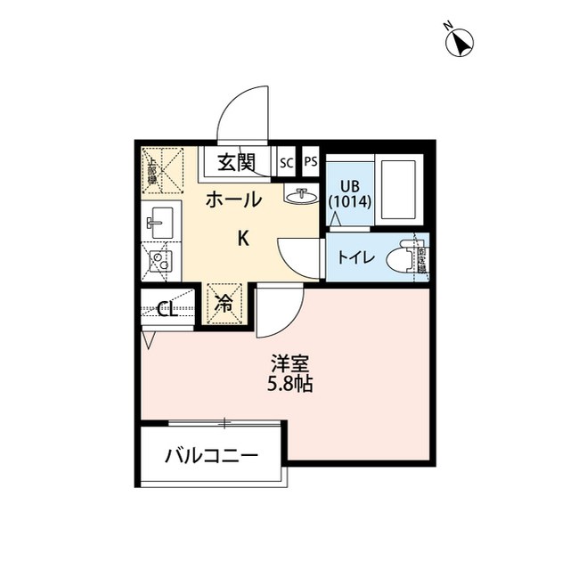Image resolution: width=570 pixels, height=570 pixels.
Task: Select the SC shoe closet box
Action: click(x=287, y=162)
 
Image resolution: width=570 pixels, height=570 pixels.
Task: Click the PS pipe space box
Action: click(x=310, y=162)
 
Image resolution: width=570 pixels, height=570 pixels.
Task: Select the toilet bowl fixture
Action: click(x=404, y=257)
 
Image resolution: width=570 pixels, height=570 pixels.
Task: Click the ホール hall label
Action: click(x=233, y=199)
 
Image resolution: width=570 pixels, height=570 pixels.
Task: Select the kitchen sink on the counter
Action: click(x=161, y=220)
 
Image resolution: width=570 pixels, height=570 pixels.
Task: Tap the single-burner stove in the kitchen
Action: click(x=160, y=261)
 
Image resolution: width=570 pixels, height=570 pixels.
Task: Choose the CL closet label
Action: click(x=166, y=309)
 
